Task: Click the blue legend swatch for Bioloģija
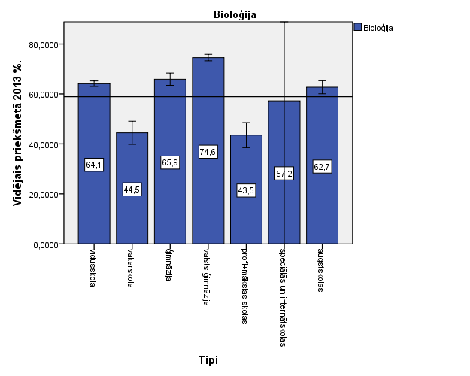pos(357,28)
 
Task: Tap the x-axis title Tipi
pos(208,360)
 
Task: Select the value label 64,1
pos(94,165)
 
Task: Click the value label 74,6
pos(208,151)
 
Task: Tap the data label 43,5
pos(247,190)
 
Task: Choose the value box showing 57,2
pos(284,174)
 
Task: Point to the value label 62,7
pos(323,166)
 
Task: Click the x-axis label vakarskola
pos(131,267)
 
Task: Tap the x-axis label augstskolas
pos(321,268)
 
